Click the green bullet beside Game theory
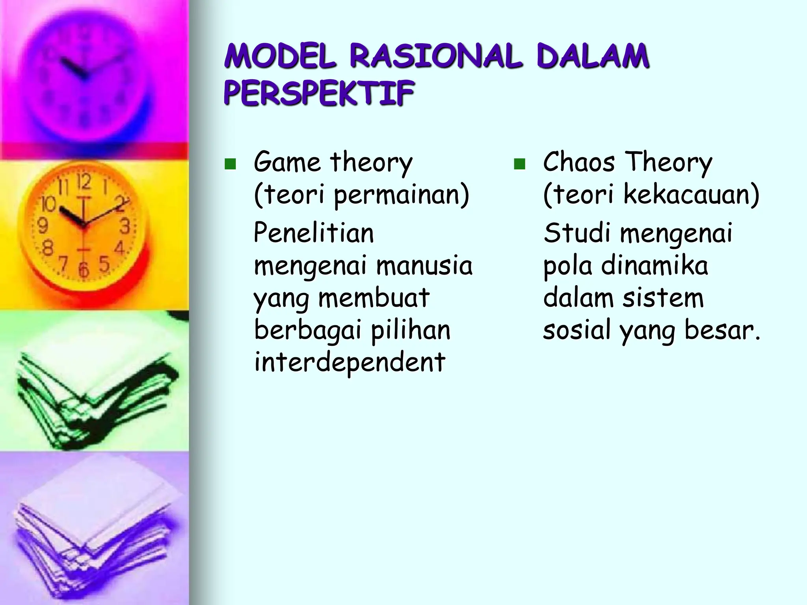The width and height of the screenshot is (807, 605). pos(230,164)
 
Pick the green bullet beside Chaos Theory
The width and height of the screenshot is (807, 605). pos(519,164)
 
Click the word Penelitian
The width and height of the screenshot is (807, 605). pos(314,233)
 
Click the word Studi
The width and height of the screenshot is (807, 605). pos(577,233)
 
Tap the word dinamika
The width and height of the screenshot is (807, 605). pos(655,265)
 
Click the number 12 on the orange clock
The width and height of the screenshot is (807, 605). pos(84,182)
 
